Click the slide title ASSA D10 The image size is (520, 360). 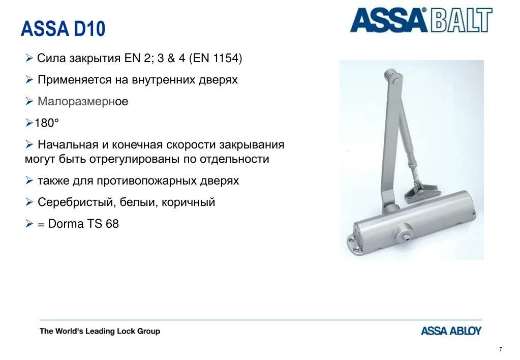pyautogui.click(x=63, y=29)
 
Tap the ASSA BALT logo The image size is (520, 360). pyautogui.click(x=421, y=21)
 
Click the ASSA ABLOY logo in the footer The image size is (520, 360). pyautogui.click(x=451, y=331)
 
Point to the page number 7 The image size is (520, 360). pyautogui.click(x=501, y=349)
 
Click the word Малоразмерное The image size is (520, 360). pyautogui.click(x=83, y=102)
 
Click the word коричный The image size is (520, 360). pyautogui.click(x=189, y=202)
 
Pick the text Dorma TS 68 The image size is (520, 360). pyautogui.click(x=83, y=224)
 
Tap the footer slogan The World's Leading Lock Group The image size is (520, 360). pyautogui.click(x=100, y=331)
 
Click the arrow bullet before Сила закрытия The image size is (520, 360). pyautogui.click(x=29, y=58)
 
